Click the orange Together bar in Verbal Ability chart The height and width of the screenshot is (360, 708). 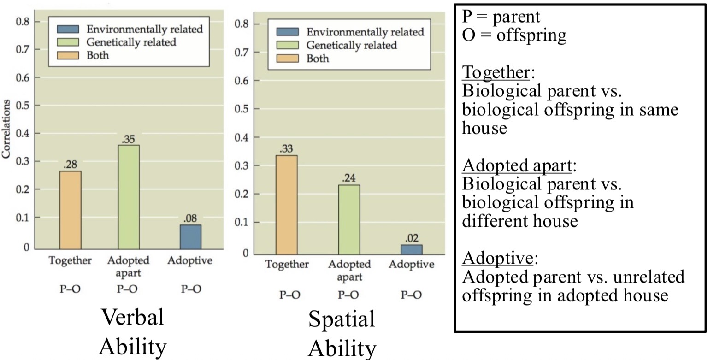pyautogui.click(x=71, y=210)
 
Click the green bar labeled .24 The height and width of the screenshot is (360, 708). pyautogui.click(x=349, y=219)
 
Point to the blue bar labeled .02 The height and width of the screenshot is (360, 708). pyautogui.click(x=412, y=249)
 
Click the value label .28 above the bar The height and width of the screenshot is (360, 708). pyautogui.click(x=70, y=164)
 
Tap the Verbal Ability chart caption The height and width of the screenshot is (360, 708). pyautogui.click(x=132, y=332)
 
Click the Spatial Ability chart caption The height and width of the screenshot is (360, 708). pyautogui.click(x=342, y=334)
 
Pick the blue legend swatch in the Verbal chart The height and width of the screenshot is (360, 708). pyautogui.click(x=68, y=30)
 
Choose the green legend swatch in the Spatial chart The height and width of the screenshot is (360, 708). pyautogui.click(x=288, y=46)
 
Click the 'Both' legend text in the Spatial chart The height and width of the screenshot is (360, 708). pyautogui.click(x=318, y=59)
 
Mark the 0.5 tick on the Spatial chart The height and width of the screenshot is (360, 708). pyautogui.click(x=242, y=109)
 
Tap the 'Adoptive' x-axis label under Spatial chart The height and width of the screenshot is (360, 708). pyautogui.click(x=411, y=265)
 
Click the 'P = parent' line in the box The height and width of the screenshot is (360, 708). pyautogui.click(x=501, y=17)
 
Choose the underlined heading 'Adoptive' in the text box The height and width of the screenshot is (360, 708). pyautogui.click(x=497, y=259)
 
